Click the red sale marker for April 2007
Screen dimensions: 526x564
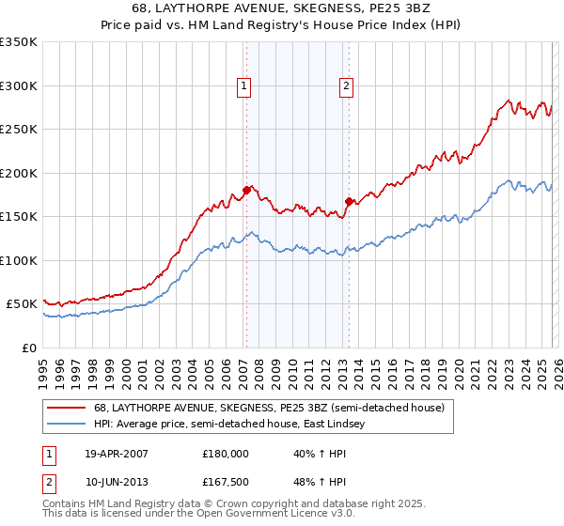(246, 190)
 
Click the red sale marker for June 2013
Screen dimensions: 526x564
(349, 201)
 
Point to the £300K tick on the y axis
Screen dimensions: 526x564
(19, 85)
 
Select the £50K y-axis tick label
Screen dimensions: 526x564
(22, 304)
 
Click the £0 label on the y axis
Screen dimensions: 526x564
(30, 348)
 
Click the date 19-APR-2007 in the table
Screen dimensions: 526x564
(117, 453)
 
